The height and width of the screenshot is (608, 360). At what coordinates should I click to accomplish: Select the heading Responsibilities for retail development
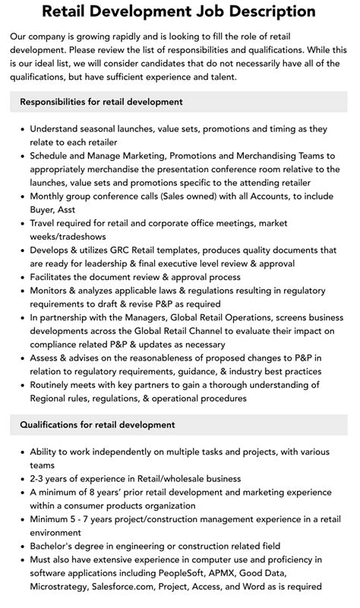102,101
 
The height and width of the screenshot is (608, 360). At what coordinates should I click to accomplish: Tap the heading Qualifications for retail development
98,424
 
